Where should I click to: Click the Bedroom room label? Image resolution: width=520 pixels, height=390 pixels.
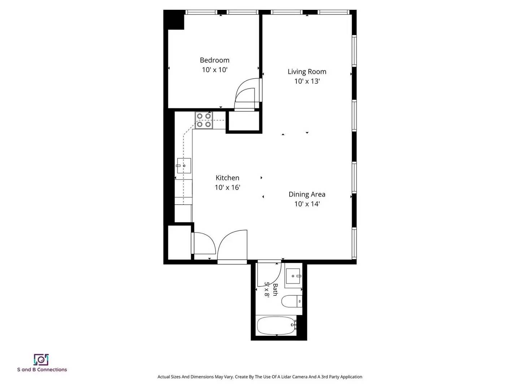pyautogui.click(x=214, y=60)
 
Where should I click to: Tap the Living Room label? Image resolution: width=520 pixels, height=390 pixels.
pyautogui.click(x=307, y=71)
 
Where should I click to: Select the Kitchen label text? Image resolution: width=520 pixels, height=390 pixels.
pyautogui.click(x=227, y=178)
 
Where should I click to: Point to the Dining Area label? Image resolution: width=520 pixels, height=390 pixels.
pyautogui.click(x=307, y=194)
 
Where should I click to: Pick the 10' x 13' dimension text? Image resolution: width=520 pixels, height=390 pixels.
pyautogui.click(x=307, y=81)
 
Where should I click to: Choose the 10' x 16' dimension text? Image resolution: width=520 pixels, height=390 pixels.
pyautogui.click(x=227, y=187)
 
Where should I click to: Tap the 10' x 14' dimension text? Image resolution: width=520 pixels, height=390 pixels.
pyautogui.click(x=307, y=204)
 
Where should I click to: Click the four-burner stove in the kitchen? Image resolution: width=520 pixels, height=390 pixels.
pyautogui.click(x=204, y=120)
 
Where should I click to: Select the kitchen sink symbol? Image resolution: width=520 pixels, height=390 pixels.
pyautogui.click(x=183, y=165)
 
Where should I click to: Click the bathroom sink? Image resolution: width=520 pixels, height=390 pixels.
pyautogui.click(x=293, y=276)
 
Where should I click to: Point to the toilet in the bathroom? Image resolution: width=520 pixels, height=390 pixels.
pyautogui.click(x=292, y=302)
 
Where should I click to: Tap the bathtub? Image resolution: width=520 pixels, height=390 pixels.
pyautogui.click(x=277, y=326)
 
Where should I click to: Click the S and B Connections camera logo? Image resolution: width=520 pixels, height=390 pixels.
pyautogui.click(x=41, y=360)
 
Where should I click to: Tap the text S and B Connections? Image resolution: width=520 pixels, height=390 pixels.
pyautogui.click(x=42, y=370)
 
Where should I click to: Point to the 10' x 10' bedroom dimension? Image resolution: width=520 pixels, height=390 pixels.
pyautogui.click(x=214, y=70)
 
